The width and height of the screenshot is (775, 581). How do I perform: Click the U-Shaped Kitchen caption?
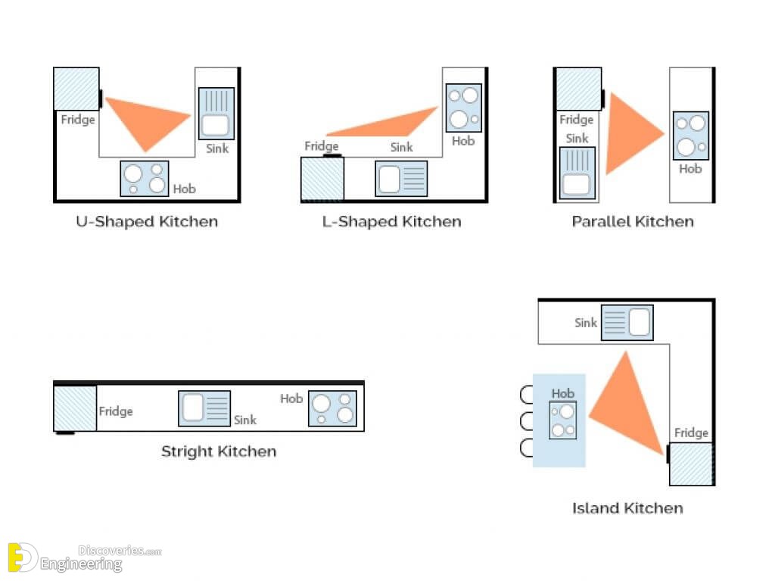click(x=147, y=222)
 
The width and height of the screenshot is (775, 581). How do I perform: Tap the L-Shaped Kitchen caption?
click(x=391, y=222)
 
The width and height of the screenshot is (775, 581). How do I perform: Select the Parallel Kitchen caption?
click(x=633, y=221)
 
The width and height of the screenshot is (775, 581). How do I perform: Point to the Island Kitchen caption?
click(x=627, y=508)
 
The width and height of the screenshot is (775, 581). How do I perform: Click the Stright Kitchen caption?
click(x=219, y=451)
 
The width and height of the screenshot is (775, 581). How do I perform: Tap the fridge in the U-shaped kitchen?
click(x=76, y=89)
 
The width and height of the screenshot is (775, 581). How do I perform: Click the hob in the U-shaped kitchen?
click(x=145, y=178)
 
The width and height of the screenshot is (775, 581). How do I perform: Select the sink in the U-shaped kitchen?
click(x=216, y=114)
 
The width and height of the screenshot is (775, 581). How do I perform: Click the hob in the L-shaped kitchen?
click(x=464, y=108)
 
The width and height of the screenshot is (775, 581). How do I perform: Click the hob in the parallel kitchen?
click(x=691, y=136)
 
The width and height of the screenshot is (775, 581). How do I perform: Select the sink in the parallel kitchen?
click(x=577, y=173)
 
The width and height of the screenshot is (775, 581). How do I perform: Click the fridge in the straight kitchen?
click(x=75, y=409)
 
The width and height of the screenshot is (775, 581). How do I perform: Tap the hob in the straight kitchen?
click(x=333, y=408)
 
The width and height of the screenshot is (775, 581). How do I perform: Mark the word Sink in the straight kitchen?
click(x=245, y=420)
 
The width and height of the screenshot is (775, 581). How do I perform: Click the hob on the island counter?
click(x=563, y=420)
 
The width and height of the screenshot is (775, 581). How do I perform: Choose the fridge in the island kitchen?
click(x=691, y=464)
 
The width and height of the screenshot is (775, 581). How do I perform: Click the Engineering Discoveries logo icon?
click(x=22, y=558)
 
